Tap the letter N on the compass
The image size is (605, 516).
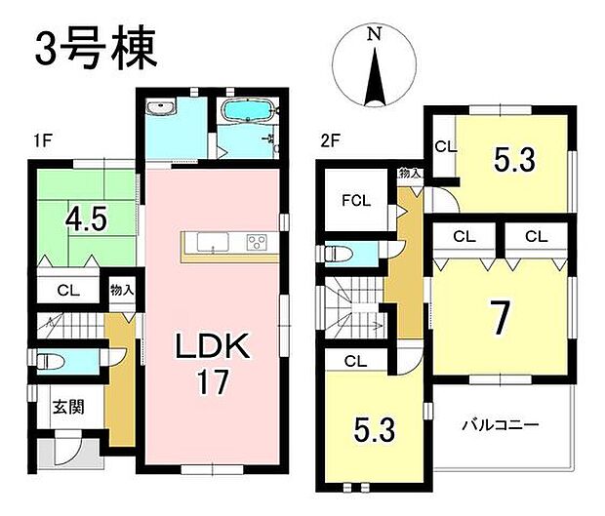[374, 34]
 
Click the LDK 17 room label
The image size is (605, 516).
[213, 362]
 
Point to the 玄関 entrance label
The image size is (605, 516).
[67, 407]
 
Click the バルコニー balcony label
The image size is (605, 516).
[502, 425]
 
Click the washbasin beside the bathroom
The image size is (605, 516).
[159, 107]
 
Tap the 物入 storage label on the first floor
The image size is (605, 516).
[121, 290]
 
